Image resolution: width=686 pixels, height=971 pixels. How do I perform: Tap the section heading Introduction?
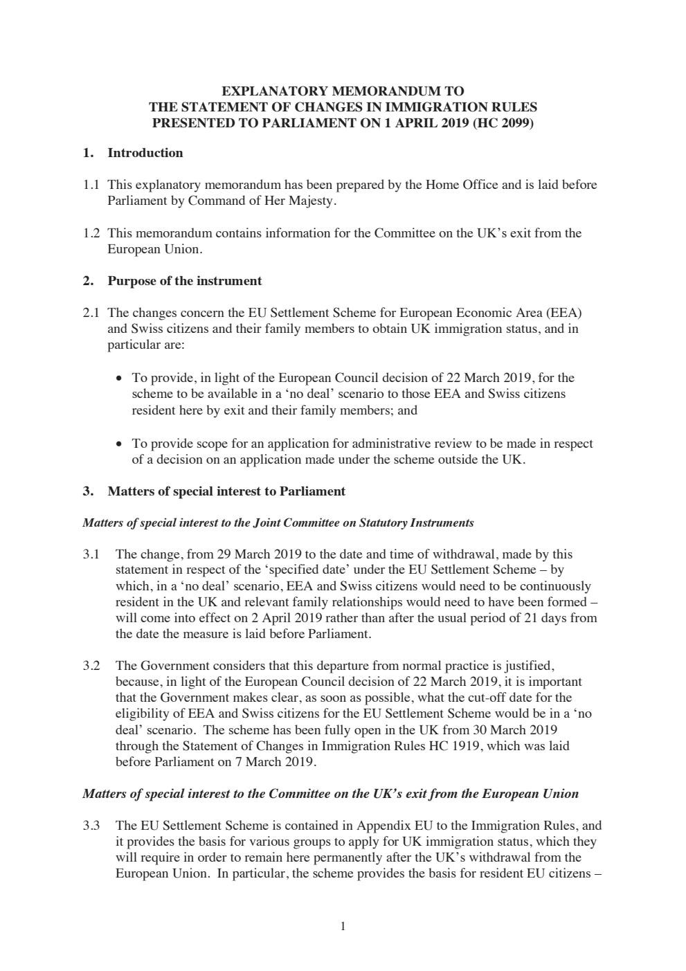click(x=145, y=153)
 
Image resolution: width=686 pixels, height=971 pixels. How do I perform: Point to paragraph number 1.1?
click(x=91, y=185)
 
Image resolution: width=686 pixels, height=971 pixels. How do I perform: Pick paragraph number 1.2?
click(x=91, y=233)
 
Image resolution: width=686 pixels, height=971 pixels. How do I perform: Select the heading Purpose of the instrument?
click(x=184, y=281)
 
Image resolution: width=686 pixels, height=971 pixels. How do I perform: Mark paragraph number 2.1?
click(x=91, y=313)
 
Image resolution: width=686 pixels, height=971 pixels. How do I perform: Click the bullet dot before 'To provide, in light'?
click(x=120, y=379)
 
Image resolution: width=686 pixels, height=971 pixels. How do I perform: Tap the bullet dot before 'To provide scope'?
click(x=120, y=444)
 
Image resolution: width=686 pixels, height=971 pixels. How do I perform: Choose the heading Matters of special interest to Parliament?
click(x=226, y=491)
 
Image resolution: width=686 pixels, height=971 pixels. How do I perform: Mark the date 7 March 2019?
click(x=276, y=763)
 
